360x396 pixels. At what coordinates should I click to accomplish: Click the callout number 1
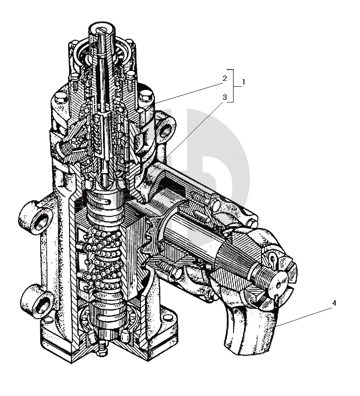tap(243, 82)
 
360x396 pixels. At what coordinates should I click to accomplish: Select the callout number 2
tap(224, 77)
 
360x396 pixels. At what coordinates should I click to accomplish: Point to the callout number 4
tap(334, 303)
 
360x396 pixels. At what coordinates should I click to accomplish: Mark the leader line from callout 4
tap(303, 315)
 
